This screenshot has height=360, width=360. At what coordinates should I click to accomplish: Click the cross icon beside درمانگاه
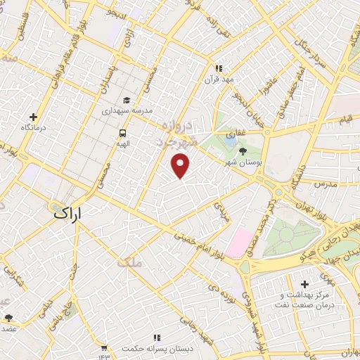tap(33, 117)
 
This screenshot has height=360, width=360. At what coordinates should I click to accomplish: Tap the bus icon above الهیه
tap(123, 132)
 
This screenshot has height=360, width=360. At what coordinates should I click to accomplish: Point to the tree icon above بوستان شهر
tap(243, 150)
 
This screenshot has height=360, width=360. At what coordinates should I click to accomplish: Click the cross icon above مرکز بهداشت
tap(304, 283)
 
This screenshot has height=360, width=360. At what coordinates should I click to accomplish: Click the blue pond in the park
tap(231, 140)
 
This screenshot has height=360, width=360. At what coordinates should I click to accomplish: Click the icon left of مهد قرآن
tap(219, 68)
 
